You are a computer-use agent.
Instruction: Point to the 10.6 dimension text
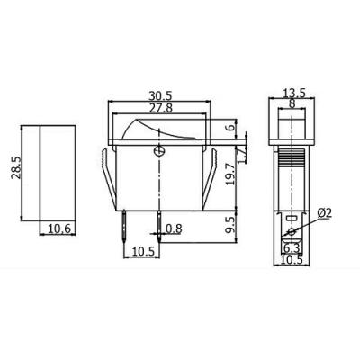point(59,229)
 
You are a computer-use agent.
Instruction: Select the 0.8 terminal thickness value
point(174,229)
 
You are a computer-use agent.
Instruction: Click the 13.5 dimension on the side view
point(292,92)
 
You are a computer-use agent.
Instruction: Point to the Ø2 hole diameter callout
point(326,212)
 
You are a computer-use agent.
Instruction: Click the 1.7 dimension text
point(241,144)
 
